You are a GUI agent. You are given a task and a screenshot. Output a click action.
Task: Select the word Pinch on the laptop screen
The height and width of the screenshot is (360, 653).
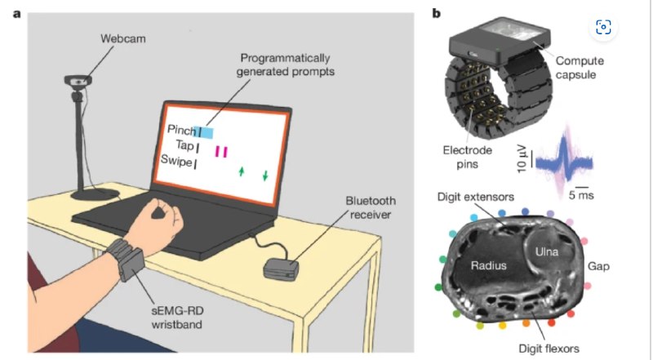tap(182, 130)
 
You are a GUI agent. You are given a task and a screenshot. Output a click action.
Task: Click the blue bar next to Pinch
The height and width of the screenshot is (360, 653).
tap(206, 131)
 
